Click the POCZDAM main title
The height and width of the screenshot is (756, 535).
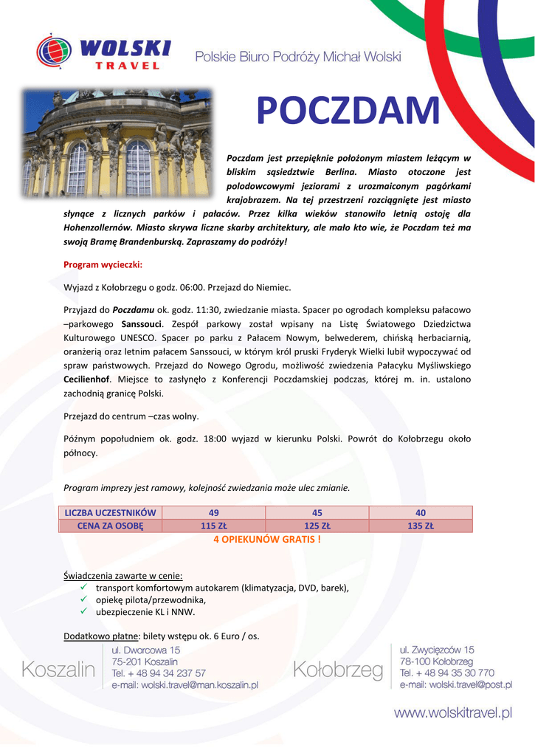click(x=347, y=111)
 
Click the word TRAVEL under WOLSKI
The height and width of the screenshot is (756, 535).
click(x=128, y=66)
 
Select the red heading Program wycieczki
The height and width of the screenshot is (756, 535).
click(x=103, y=264)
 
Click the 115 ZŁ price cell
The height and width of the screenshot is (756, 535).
click(x=214, y=526)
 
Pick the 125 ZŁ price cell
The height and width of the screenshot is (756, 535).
click(x=317, y=526)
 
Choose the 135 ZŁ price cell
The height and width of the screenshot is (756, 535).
click(x=421, y=526)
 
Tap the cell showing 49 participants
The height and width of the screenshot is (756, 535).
click(x=214, y=513)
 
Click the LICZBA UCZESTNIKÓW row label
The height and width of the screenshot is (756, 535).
click(x=111, y=513)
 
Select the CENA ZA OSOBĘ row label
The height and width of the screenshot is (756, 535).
click(x=111, y=526)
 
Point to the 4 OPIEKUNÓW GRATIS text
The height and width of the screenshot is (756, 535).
click(x=267, y=540)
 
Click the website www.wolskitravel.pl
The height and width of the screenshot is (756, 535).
click(x=452, y=712)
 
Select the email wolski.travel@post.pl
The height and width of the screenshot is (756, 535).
click(x=456, y=685)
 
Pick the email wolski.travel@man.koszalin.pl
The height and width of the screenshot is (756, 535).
click(x=184, y=685)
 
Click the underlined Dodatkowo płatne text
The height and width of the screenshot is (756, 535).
click(x=101, y=636)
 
